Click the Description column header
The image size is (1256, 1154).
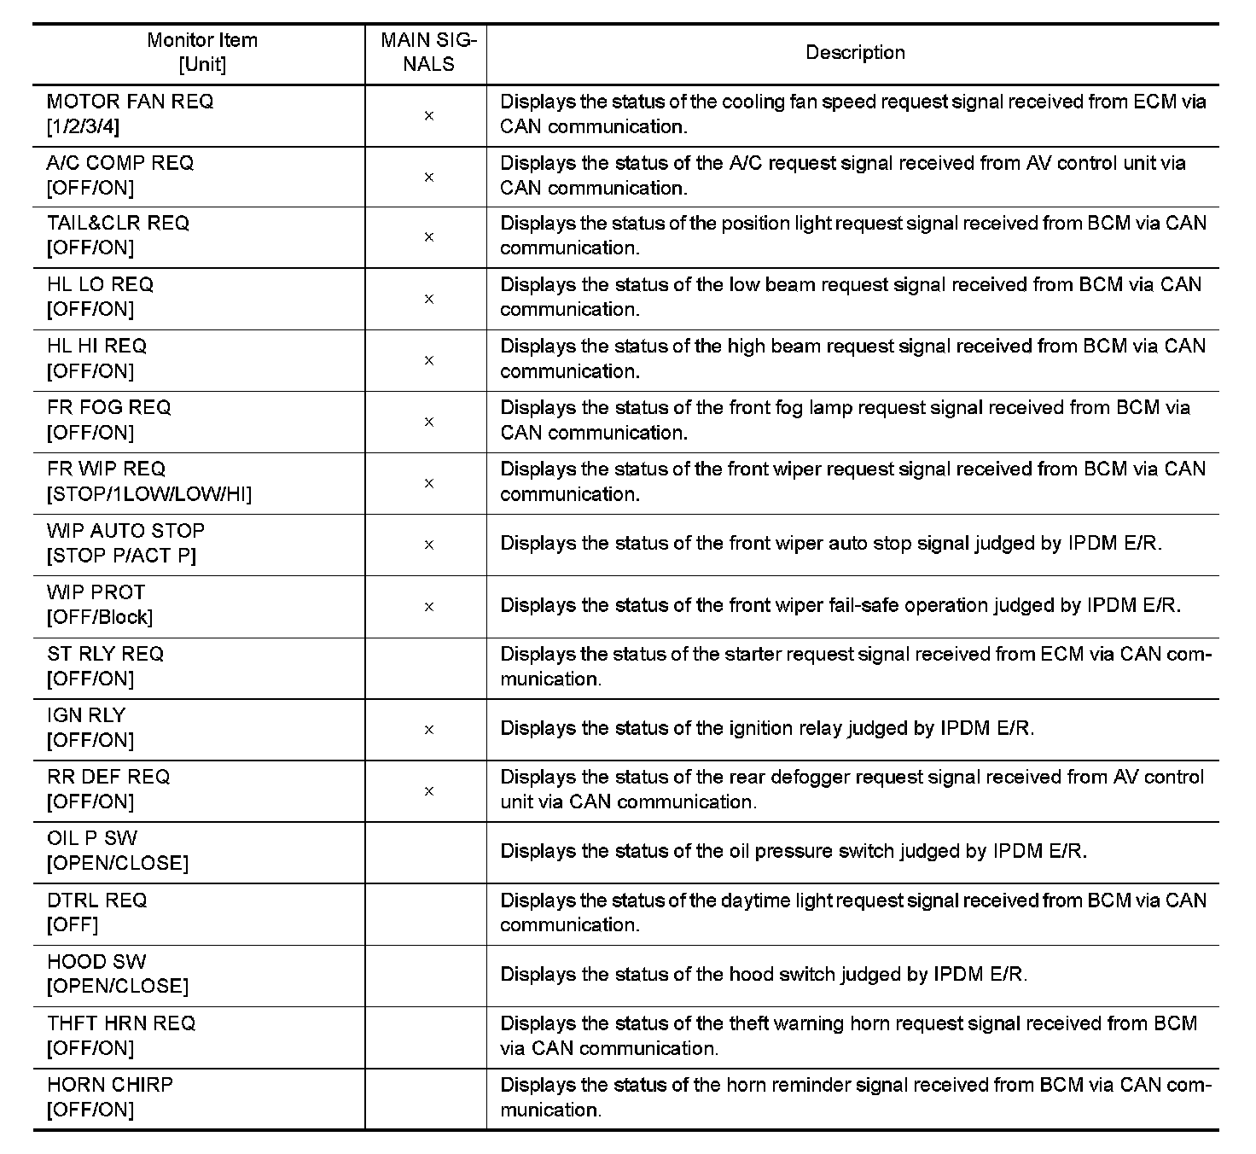coord(855,53)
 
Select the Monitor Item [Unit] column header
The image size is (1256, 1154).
coord(202,52)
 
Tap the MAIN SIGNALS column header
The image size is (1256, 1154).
coord(428,52)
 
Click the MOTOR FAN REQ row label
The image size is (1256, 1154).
coord(131,102)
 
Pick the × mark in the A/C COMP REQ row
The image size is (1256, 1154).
coord(429,178)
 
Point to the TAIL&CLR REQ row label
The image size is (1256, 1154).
coord(119,224)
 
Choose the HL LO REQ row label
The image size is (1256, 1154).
coord(101,285)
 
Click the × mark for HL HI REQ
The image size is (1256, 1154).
coord(429,361)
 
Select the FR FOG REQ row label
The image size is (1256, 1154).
coord(109,408)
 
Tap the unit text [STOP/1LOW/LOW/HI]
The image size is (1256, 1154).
coord(149,494)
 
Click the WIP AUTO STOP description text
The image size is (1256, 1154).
coord(831,544)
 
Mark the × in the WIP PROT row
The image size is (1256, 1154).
coord(429,607)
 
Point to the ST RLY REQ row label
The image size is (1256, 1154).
coord(106,654)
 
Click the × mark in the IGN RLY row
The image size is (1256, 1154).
coord(429,730)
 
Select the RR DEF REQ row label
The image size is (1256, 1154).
coord(109,777)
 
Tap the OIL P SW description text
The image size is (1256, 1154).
coord(794,851)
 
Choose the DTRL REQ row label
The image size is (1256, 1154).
coord(97,900)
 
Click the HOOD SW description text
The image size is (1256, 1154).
coord(764,974)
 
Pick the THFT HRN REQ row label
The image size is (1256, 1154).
coord(121,1023)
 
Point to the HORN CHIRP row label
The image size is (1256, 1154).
coord(110,1085)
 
